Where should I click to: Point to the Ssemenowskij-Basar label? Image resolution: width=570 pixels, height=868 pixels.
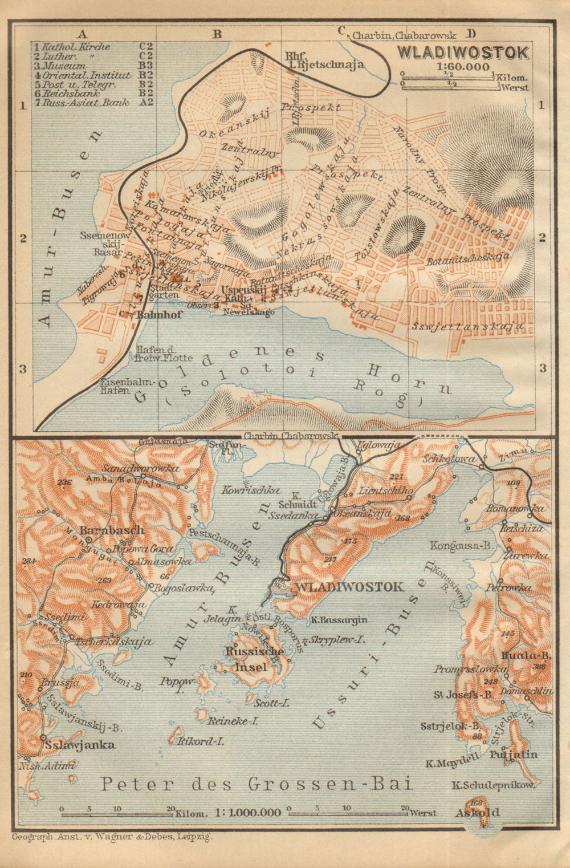101,242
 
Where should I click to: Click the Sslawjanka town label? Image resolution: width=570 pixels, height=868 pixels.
82,745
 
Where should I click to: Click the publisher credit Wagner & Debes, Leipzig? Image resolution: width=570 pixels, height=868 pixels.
111,837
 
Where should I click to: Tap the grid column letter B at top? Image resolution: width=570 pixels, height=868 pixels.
217,34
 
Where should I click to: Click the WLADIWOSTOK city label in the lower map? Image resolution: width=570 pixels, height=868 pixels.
348,587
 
